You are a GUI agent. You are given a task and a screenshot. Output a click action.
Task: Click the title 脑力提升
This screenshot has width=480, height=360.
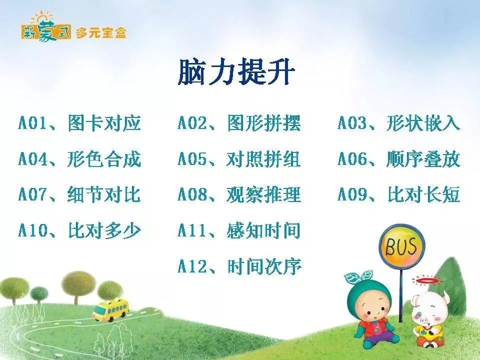pyautogui.click(x=236, y=72)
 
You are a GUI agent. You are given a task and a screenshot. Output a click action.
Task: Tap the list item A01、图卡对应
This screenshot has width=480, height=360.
pyautogui.click(x=79, y=123)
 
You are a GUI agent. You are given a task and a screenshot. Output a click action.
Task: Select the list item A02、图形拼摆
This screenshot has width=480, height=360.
pyautogui.click(x=239, y=123)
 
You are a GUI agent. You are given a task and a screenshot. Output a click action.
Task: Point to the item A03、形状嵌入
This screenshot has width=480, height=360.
pyautogui.click(x=399, y=123)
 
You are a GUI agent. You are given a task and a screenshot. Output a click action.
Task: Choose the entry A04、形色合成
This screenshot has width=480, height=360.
pyautogui.click(x=79, y=159)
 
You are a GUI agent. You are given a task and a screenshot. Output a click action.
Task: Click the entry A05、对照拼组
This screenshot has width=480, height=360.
pyautogui.click(x=239, y=159)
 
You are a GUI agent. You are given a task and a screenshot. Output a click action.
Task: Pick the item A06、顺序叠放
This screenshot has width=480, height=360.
pyautogui.click(x=399, y=159)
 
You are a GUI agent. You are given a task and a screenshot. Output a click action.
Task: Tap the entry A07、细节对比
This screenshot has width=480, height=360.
pyautogui.click(x=79, y=194)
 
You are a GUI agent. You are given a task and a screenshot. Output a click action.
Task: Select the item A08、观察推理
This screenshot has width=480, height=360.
pyautogui.click(x=239, y=194)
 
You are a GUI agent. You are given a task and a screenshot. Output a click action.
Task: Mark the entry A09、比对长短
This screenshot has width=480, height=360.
pyautogui.click(x=399, y=194)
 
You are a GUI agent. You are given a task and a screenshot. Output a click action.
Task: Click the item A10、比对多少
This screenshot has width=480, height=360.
pyautogui.click(x=79, y=230)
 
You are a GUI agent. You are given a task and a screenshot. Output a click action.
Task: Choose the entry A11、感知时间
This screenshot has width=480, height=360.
pyautogui.click(x=239, y=230)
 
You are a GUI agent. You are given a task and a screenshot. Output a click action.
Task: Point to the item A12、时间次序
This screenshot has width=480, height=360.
pyautogui.click(x=239, y=266)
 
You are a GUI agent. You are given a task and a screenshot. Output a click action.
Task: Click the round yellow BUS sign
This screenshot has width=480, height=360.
pyautogui.click(x=401, y=246)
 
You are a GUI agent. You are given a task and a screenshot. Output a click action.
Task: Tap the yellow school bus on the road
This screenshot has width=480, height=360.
pyautogui.click(x=111, y=310)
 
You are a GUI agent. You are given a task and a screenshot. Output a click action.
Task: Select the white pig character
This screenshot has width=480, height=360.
pyautogui.click(x=428, y=320)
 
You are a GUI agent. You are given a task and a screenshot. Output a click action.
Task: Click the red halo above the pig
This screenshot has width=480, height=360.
pyautogui.click(x=427, y=280)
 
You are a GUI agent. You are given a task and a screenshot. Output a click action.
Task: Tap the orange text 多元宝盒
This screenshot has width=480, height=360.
pyautogui.click(x=100, y=33)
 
